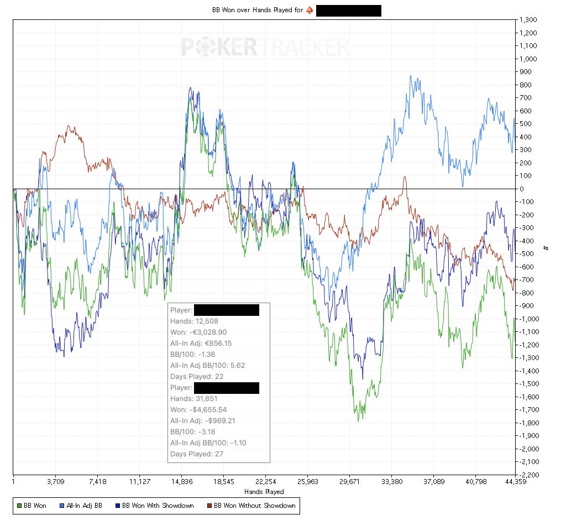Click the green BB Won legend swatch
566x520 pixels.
[x=19, y=505]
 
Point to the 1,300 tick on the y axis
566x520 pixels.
[x=528, y=20]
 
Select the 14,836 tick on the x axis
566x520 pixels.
[x=182, y=481]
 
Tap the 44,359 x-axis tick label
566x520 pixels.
[x=515, y=481]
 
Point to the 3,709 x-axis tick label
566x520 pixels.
[x=56, y=481]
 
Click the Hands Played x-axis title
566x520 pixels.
[x=264, y=491]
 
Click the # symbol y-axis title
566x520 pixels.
[x=546, y=247]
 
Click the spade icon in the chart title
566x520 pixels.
[x=309, y=11]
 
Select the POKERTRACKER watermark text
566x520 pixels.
[x=265, y=47]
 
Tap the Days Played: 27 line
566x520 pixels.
[x=197, y=454]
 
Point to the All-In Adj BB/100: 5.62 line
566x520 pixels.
[x=207, y=366]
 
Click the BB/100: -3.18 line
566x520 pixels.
[x=192, y=432]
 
